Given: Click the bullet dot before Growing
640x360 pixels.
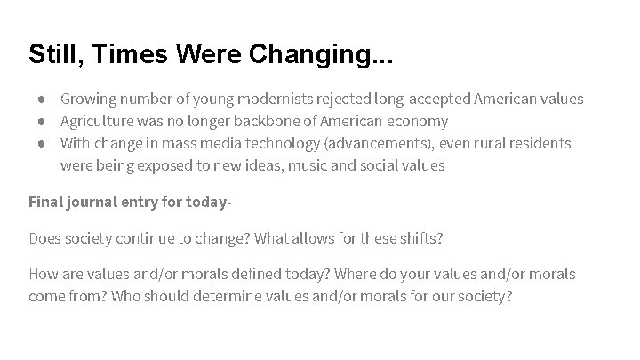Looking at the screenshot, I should [x=42, y=99].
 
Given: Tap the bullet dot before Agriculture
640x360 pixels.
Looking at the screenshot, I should [x=42, y=121].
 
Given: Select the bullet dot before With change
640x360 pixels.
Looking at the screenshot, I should [x=42, y=143].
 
